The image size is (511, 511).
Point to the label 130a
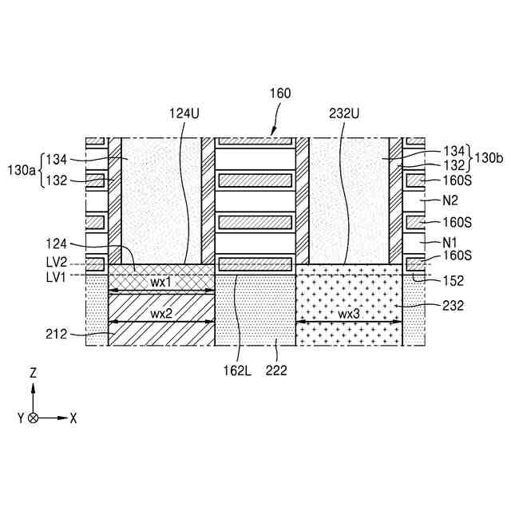click(24, 170)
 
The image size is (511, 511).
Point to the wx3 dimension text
click(349, 314)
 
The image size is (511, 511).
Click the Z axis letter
click(33, 373)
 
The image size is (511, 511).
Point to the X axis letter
click(73, 418)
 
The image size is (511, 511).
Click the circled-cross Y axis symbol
click(33, 418)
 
